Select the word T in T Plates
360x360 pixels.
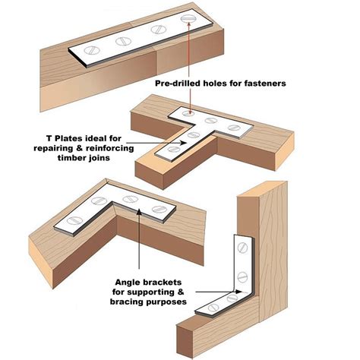49,138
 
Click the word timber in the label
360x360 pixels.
71,158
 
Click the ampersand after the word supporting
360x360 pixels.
180,292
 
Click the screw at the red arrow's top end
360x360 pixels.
188,19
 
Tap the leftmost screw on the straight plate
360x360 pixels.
92,50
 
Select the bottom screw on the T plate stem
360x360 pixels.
173,149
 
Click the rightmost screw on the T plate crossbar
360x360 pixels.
233,128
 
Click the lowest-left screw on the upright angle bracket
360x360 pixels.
213,308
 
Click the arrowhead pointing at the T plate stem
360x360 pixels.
184,143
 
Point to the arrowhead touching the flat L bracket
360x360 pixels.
139,212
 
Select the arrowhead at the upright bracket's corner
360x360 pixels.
238,292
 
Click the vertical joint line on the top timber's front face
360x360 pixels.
156,62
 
